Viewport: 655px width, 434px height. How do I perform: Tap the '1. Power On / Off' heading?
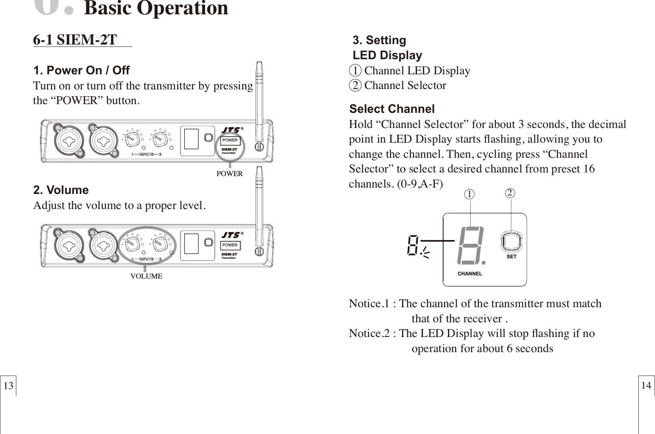(81, 71)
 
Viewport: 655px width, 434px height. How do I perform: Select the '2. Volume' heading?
(61, 190)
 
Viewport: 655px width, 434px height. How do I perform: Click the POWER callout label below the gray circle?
(229, 174)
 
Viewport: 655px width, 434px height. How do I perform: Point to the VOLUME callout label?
(146, 276)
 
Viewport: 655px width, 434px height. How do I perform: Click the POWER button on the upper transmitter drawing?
(230, 140)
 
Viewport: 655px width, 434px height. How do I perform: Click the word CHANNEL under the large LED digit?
(470, 274)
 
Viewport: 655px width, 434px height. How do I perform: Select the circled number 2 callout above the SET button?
(510, 193)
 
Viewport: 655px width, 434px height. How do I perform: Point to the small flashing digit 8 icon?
(413, 245)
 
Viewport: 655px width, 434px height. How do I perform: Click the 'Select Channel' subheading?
(392, 109)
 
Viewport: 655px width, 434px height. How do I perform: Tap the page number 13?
(9, 386)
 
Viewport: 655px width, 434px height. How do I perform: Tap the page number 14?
(646, 385)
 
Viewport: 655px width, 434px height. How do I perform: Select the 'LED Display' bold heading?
(388, 55)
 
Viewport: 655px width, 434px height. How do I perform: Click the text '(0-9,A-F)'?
(419, 184)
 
